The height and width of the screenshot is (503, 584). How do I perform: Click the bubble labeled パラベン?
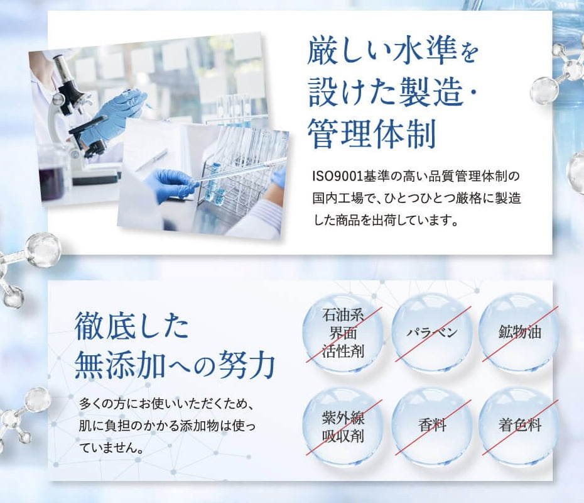pyautogui.click(x=431, y=332)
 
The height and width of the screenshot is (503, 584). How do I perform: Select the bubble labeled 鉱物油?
pyautogui.click(x=519, y=332)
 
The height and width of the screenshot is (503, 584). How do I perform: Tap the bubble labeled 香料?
pyautogui.click(x=431, y=425)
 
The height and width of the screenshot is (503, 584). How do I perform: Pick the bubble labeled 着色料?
pyautogui.click(x=519, y=425)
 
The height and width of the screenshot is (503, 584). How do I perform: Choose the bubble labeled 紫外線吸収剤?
pyautogui.click(x=343, y=425)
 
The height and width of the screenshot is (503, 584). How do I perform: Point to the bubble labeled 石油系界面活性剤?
pyautogui.click(x=343, y=332)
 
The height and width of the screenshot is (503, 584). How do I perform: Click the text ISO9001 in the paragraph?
pyautogui.click(x=337, y=176)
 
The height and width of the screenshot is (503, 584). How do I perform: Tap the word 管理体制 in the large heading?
pyautogui.click(x=371, y=133)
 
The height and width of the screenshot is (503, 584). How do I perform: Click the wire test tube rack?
pyautogui.click(x=239, y=164)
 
